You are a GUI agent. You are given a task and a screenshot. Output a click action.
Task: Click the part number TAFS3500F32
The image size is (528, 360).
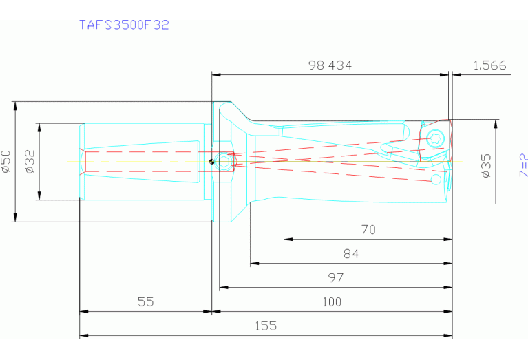coord(124,25)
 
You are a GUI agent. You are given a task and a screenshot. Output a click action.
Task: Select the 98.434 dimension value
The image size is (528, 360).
coord(329,65)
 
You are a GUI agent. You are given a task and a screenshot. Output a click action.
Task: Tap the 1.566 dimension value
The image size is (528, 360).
coord(489,65)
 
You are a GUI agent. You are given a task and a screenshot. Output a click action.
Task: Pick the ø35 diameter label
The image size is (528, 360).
coord(486,166)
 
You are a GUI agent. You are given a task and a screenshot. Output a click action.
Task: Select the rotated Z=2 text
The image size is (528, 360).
coord(523,165)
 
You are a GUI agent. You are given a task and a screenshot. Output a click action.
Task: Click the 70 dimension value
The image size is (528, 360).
coord(368,230)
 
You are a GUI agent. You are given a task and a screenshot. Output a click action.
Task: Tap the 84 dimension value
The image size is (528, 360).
coord(351,254)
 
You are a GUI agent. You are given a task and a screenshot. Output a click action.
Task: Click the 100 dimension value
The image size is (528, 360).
coord(331,301)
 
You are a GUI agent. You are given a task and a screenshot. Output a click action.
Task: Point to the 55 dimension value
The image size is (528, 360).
coord(145,301)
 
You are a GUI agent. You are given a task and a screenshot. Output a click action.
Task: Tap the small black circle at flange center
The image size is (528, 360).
coord(213,162)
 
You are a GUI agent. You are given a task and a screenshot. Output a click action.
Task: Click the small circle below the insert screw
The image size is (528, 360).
coord(436,179)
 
